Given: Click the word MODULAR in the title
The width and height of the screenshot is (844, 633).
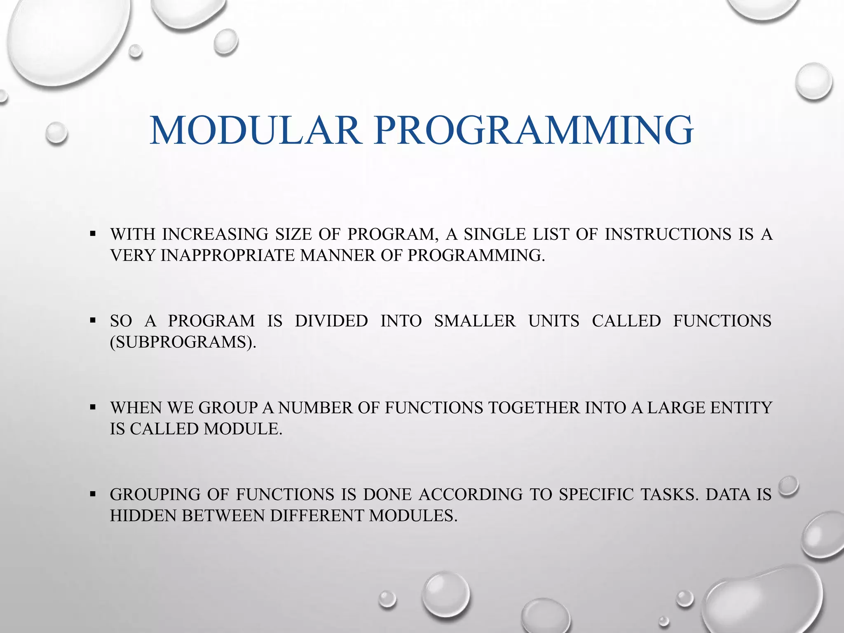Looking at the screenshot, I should [256, 131].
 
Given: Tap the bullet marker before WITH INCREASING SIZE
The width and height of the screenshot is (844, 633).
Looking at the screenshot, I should [93, 234].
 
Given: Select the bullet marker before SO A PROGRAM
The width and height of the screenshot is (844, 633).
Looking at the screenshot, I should [93, 321].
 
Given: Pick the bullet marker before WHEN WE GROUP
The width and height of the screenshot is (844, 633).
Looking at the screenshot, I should [93, 408].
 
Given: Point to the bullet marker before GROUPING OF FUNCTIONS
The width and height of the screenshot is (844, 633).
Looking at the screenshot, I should [93, 494].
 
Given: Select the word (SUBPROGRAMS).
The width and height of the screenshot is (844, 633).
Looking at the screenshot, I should [183, 342].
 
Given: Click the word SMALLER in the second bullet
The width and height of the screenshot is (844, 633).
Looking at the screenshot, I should [475, 321].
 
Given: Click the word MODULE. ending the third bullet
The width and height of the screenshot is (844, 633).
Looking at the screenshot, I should [243, 429].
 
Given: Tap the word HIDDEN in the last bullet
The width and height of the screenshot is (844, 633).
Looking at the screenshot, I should [143, 516].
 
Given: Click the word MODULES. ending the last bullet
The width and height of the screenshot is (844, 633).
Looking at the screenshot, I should [413, 516].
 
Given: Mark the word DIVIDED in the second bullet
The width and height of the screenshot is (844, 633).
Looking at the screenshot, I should [331, 321].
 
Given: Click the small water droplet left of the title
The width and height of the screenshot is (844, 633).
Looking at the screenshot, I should [56, 133].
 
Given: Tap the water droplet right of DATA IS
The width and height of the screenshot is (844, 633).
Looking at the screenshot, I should [789, 486].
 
